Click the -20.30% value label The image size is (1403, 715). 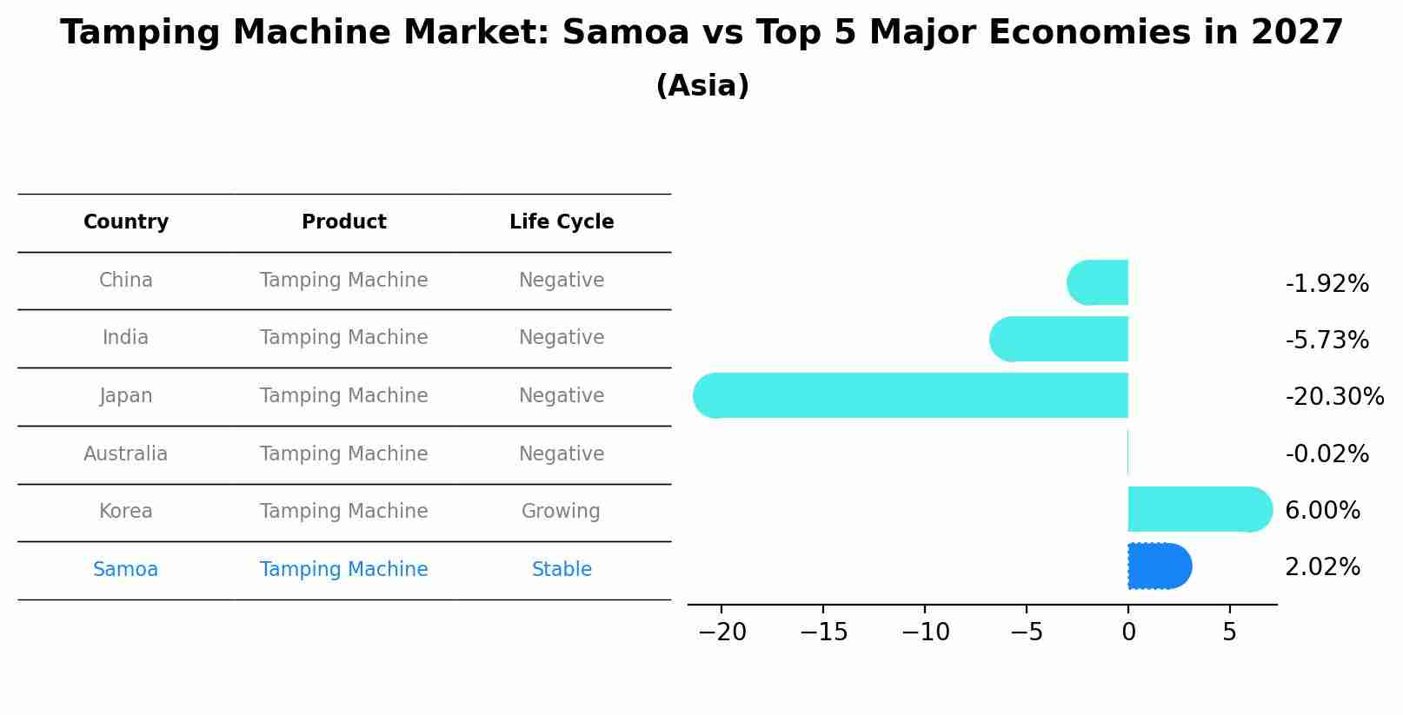point(1333,397)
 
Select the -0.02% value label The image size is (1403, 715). point(1327,454)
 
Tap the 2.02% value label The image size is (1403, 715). point(1321,567)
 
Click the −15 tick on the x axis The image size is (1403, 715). point(823,632)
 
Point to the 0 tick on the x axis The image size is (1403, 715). point(1128,632)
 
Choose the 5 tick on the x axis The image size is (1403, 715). point(1229,632)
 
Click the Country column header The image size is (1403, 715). point(126,222)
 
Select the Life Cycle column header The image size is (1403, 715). point(562,222)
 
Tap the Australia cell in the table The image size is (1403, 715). point(126,453)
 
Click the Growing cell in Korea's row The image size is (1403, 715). point(561,511)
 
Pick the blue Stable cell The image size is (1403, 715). point(562,569)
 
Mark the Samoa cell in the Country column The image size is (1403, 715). point(126,569)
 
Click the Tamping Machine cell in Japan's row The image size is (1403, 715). point(343,395)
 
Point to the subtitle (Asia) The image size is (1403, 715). point(702,86)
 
